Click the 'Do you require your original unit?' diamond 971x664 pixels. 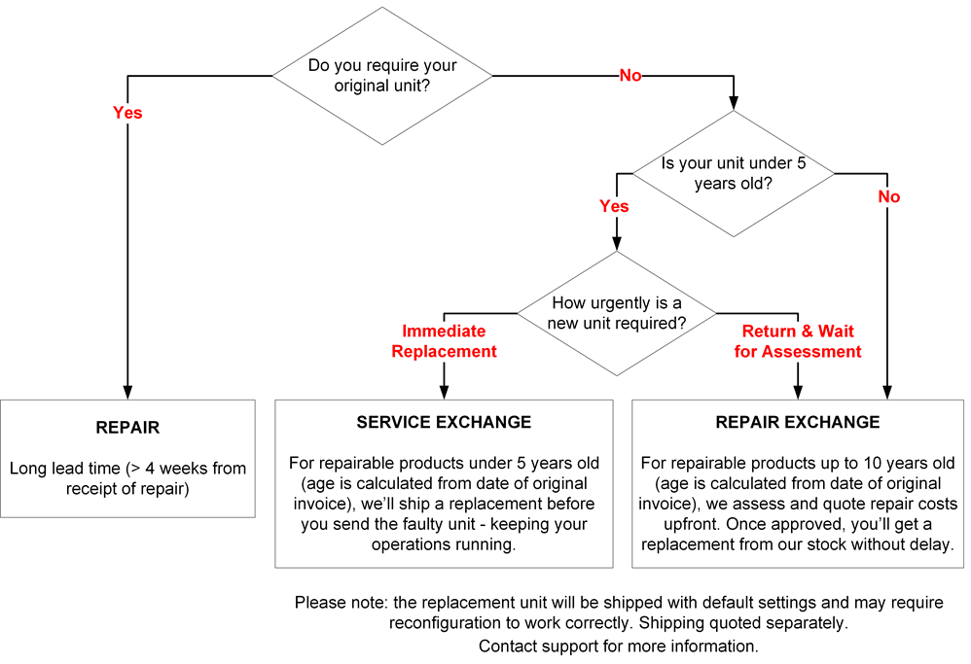(x=382, y=76)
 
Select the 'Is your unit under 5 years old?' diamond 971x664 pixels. (x=734, y=173)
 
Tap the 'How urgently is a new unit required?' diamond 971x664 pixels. (x=617, y=313)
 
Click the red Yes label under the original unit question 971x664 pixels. (x=127, y=113)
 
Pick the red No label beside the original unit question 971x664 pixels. (x=630, y=76)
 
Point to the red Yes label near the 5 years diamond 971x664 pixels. (x=614, y=206)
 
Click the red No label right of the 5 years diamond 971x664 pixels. (x=888, y=196)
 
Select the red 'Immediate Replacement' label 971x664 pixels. (x=444, y=341)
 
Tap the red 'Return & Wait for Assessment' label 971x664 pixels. (x=798, y=341)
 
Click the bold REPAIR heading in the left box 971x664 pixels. (x=127, y=428)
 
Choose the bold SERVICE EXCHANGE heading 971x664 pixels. (x=444, y=422)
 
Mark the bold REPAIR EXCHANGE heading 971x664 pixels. (x=798, y=422)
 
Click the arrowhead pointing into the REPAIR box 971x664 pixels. (x=127, y=393)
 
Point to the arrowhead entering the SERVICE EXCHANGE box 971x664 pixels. (x=444, y=393)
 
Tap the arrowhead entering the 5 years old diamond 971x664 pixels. (x=734, y=103)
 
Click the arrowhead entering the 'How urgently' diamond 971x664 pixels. (x=617, y=244)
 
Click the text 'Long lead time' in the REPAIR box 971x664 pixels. (x=65, y=469)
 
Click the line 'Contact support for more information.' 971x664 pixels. (x=619, y=647)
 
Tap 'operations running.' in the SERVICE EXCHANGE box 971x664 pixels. (x=444, y=544)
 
